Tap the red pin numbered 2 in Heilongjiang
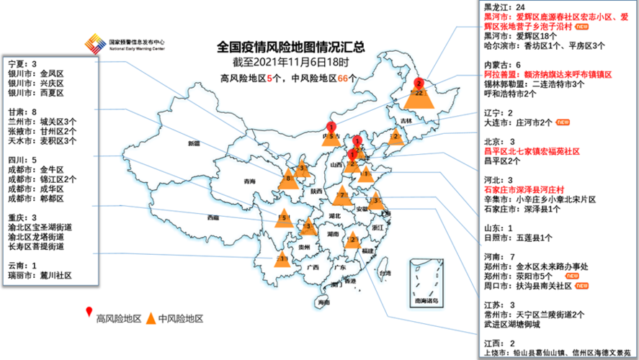(419, 84)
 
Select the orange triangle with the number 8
(288, 179)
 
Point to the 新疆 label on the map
(194, 144)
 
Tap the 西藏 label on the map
(213, 217)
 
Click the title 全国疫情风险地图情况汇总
(291, 48)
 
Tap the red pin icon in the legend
(89, 312)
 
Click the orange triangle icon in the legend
(151, 318)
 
